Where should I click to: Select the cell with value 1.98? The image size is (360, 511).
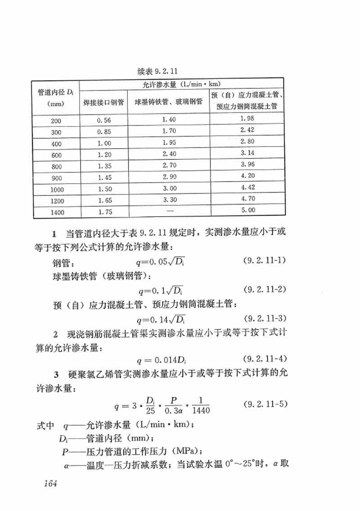pos(247,118)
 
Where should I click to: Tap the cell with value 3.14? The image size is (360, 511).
pos(247,153)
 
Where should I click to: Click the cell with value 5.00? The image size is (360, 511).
pos(247,210)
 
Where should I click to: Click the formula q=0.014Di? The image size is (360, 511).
pos(164,360)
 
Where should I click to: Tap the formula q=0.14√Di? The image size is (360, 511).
pos(162,320)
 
